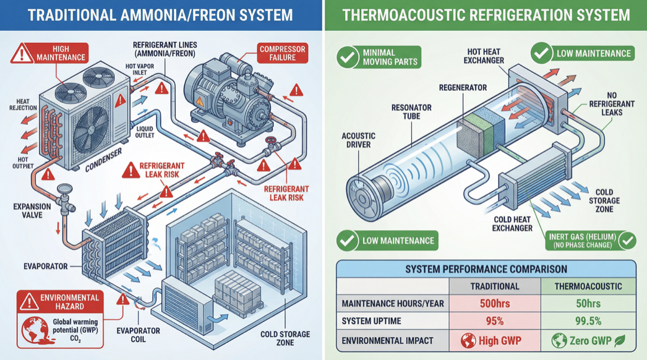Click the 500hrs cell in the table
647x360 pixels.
pos(494,304)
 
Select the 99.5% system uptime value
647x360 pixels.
pos(588,322)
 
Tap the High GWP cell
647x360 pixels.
pos(494,341)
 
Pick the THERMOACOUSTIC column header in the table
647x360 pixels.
pos(588,286)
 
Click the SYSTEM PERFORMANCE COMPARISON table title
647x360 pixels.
pos(486,269)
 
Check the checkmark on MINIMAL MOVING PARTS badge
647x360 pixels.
pos(347,58)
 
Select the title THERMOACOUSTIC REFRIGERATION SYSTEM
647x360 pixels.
pos(486,15)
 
